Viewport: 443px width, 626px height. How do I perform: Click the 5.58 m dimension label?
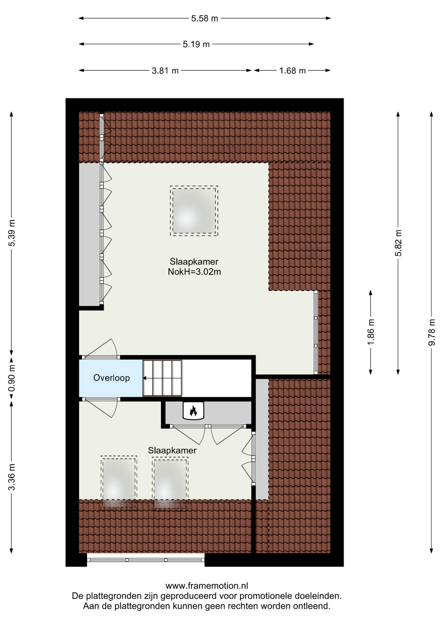click(x=205, y=18)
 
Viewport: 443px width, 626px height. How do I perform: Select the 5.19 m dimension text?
click(x=196, y=44)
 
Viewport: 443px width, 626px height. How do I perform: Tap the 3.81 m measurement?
click(x=165, y=71)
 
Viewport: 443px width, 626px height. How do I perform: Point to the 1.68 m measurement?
click(x=292, y=71)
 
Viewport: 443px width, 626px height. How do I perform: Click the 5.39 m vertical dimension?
click(x=12, y=233)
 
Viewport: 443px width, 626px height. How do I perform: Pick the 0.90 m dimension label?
click(x=12, y=378)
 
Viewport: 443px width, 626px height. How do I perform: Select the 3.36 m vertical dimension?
click(x=12, y=477)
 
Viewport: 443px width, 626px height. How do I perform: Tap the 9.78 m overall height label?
click(x=431, y=332)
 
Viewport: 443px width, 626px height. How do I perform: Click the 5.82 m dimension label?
click(x=398, y=243)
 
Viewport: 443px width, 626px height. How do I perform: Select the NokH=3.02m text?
click(x=194, y=272)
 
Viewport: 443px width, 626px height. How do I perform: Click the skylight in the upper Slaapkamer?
click(x=194, y=211)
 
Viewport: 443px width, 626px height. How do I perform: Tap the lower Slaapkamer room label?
click(x=172, y=450)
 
